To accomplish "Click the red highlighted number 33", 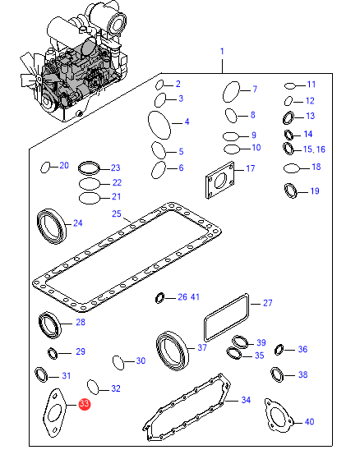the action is tap(85, 404).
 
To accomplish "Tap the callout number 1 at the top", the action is tap(222, 52).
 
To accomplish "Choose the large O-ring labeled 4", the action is tap(149, 125).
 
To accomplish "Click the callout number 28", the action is tap(81, 323).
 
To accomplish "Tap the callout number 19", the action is tap(315, 191).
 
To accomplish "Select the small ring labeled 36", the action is tap(279, 350).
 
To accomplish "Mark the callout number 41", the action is tap(195, 297).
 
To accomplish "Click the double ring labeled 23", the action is tap(89, 168).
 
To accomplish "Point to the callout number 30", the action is tap(141, 360).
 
